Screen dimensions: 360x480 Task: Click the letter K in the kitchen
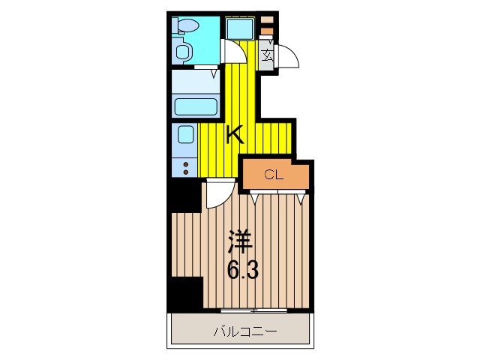235,135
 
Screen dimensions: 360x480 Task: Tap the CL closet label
272,175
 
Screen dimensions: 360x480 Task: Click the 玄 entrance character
267,54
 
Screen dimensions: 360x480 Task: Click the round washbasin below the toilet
181,52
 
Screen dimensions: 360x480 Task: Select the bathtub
196,106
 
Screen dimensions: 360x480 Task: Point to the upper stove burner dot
184,163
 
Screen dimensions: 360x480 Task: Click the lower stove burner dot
184,172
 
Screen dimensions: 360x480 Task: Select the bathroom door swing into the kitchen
235,52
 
